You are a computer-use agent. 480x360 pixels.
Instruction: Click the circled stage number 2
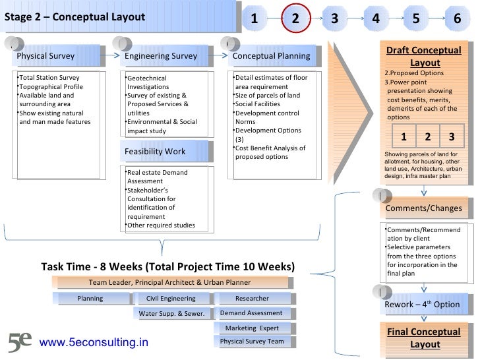(295, 18)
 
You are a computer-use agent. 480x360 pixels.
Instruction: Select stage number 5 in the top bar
(415, 18)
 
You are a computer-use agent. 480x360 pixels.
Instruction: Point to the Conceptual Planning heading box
(272, 56)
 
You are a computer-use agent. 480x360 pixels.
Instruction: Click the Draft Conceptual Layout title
(424, 56)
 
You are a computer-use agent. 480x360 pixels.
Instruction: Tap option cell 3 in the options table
(452, 137)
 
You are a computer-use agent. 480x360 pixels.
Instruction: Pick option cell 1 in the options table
(404, 137)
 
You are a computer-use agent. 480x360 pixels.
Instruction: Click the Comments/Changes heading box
(424, 209)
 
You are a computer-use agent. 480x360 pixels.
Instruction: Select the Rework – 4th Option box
(424, 304)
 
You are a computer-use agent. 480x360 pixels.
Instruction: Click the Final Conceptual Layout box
(424, 338)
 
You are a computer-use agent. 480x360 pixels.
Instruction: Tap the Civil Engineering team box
(171, 299)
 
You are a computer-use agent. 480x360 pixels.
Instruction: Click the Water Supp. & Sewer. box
(171, 313)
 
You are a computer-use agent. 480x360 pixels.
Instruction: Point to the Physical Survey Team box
(252, 342)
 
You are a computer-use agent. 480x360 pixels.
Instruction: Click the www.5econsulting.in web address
(94, 343)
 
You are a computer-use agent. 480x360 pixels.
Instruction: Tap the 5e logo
(20, 342)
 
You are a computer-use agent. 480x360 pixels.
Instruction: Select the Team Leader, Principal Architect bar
(170, 283)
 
